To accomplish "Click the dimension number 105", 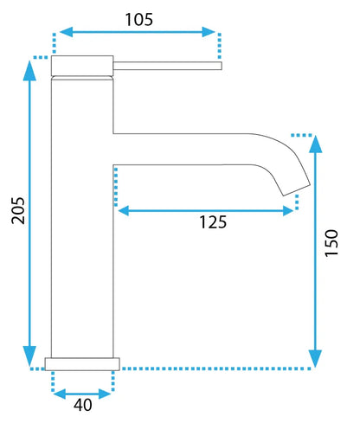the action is pyautogui.click(x=138, y=20).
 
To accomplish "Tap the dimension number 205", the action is pyautogui.click(x=18, y=210).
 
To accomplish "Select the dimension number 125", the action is pyautogui.click(x=213, y=222).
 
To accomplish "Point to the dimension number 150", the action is pyautogui.click(x=331, y=243).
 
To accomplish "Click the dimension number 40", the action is pyautogui.click(x=83, y=405).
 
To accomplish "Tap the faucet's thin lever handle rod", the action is pyautogui.click(x=167, y=66).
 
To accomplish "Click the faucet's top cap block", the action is pyautogui.click(x=82, y=66).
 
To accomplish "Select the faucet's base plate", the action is pyautogui.click(x=82, y=364).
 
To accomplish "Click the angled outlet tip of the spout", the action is pyautogui.click(x=297, y=189).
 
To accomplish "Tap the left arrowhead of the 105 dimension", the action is pyautogui.click(x=66, y=32).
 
